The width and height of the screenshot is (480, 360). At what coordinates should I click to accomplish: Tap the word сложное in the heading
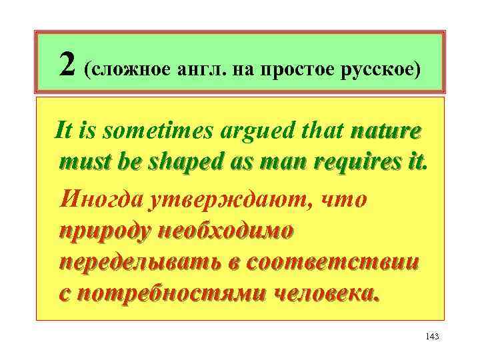pyautogui.click(x=127, y=69)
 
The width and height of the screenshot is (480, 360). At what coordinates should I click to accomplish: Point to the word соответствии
pyautogui.click(x=333, y=262)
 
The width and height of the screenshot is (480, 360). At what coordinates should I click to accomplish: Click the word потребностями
pyautogui.click(x=169, y=294)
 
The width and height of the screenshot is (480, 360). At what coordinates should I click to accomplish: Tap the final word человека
pyautogui.click(x=327, y=294)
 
